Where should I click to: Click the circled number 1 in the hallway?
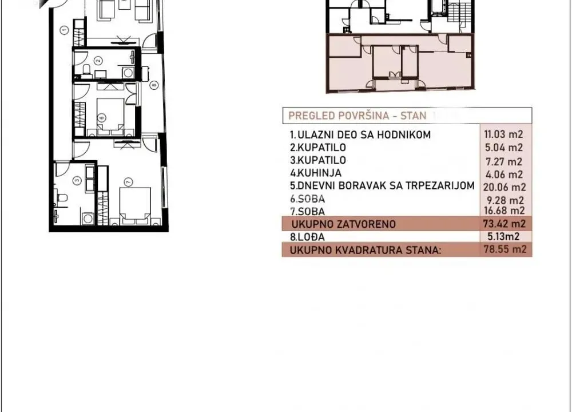click(65, 28)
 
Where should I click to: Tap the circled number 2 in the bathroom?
click(98, 61)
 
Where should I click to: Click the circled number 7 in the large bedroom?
click(128, 182)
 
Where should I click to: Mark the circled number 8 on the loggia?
click(153, 86)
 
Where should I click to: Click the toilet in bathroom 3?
click(62, 198)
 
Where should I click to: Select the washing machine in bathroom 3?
click(88, 218)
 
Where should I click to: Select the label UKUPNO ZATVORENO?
click(343, 224)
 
